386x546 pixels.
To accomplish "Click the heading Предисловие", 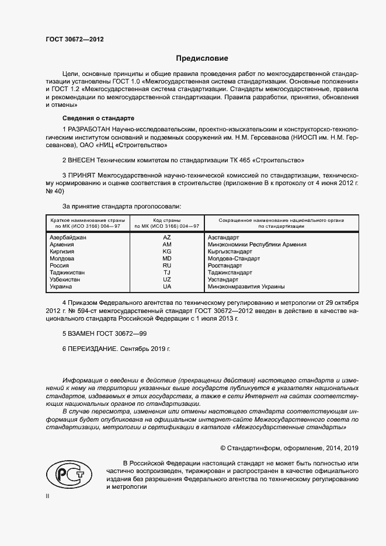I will pyautogui.click(x=203, y=58).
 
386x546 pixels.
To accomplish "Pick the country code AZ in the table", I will pyautogui.click(x=167, y=238).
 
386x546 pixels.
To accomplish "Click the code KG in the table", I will pyautogui.click(x=167, y=252).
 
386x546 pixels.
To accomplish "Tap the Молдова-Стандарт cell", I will pyautogui.click(x=234, y=259).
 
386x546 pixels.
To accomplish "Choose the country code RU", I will pyautogui.click(x=167, y=266).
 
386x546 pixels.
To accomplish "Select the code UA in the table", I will pyautogui.click(x=167, y=287).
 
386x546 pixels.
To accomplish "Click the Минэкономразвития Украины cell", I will pyautogui.click(x=246, y=287).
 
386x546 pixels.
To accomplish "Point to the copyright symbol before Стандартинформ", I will pyautogui.click(x=223, y=448).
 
